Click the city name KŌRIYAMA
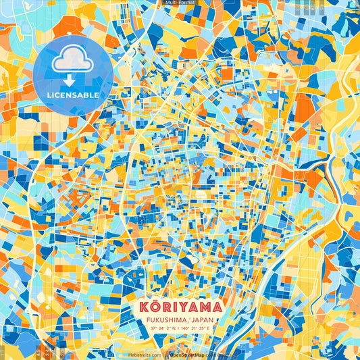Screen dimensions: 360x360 [180, 307]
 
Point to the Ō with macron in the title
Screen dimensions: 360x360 [156, 307]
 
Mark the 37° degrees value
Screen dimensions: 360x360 [154, 328]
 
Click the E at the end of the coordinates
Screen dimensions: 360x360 [209, 328]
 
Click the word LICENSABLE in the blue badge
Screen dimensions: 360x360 [73, 95]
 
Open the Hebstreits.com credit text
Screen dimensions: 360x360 [145, 355]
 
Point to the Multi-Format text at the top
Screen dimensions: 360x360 [180, 3]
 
